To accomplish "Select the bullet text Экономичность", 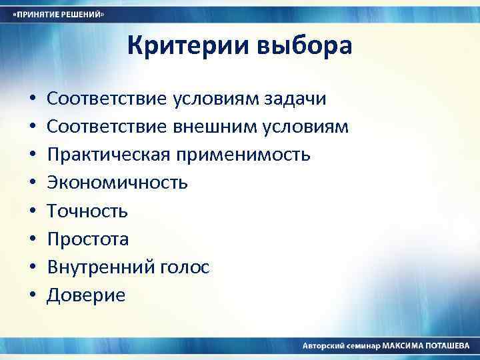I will click(x=117, y=183).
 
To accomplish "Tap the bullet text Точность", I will click(x=87, y=211).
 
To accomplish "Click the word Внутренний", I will click(x=101, y=267).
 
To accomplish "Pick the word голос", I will click(x=185, y=268).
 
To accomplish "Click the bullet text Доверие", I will click(x=86, y=295).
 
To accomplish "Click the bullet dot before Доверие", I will click(x=33, y=296).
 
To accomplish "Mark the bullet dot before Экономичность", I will click(x=33, y=183).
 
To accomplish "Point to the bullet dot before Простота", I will click(x=33, y=240).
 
